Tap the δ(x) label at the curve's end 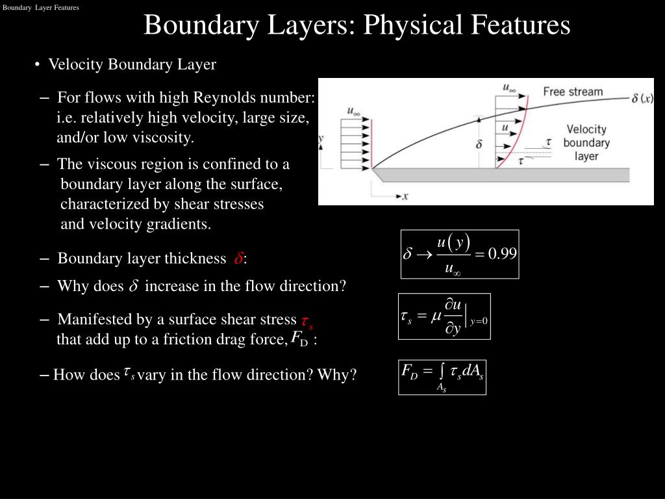pos(642,99)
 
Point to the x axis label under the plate pos(405,196)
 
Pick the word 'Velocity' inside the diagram pos(586,129)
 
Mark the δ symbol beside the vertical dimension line pos(479,144)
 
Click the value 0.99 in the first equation pos(503,253)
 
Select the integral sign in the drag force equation pos(442,370)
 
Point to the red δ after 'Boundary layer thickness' pos(238,259)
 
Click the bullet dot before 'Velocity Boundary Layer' pos(39,65)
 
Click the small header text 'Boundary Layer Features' pos(40,8)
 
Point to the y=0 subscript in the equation pos(479,321)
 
